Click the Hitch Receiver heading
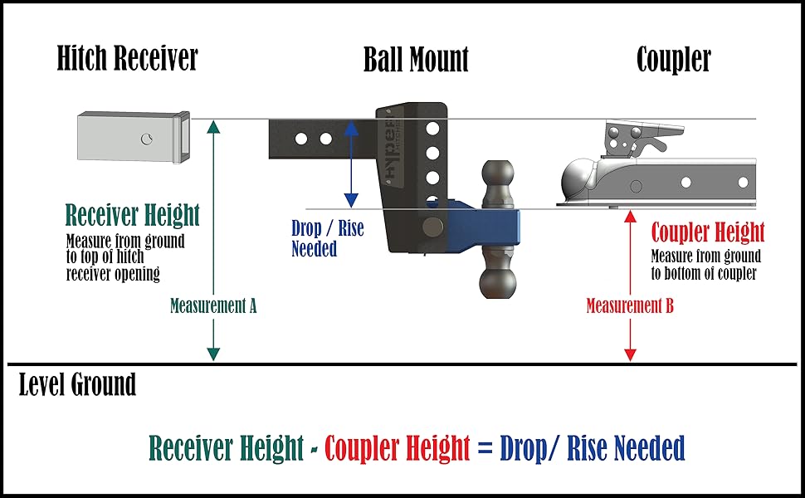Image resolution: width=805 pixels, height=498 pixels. pos(128,59)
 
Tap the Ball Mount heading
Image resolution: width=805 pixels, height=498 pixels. pos(416,60)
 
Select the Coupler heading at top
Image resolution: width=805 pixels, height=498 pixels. pos(673,60)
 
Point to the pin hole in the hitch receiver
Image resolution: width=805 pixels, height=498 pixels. pos(147,138)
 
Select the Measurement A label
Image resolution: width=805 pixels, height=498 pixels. pos(213,305)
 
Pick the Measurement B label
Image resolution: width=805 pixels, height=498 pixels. pos(630,305)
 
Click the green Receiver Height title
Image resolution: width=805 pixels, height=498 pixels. pos(133,216)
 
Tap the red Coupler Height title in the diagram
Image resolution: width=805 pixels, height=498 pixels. pos(708,232)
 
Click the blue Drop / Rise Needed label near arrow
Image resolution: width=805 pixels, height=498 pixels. pos(327,238)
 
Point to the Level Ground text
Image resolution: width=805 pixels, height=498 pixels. pos(77,385)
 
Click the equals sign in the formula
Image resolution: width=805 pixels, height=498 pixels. pos(485,449)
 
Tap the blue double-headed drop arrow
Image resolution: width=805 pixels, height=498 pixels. pos(351,163)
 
